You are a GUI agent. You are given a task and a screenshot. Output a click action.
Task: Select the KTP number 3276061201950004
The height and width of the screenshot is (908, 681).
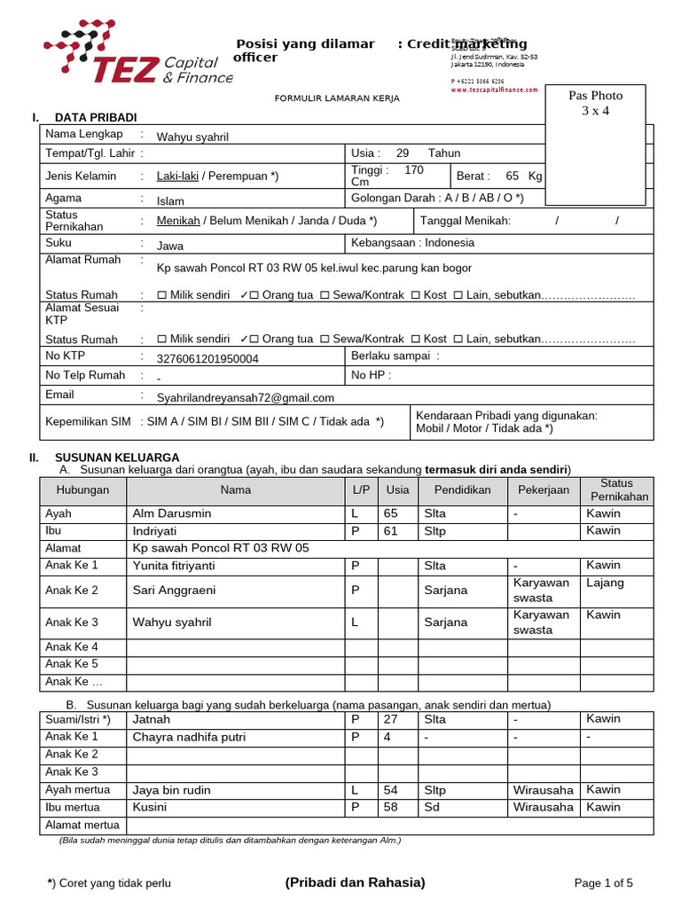tap(207, 359)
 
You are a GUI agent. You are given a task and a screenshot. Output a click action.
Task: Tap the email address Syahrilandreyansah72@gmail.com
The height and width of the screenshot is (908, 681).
tap(246, 398)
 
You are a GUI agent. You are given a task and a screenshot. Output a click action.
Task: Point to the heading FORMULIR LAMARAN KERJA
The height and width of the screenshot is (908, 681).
tap(337, 98)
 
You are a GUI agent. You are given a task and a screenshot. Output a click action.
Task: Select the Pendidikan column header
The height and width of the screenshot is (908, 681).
tap(462, 490)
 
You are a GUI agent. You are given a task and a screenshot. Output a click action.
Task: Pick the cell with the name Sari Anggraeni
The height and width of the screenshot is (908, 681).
tap(174, 591)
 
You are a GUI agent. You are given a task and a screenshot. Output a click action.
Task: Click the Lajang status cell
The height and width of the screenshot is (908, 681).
tap(605, 583)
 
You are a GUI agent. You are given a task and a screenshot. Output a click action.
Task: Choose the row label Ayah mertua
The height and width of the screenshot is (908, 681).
tap(78, 790)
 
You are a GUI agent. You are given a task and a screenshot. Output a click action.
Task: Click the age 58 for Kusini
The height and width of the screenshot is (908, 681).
tap(391, 808)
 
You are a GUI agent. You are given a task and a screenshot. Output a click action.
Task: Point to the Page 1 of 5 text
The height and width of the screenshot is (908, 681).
tap(604, 883)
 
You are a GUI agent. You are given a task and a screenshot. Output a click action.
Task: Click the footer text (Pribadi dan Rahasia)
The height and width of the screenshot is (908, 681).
tap(355, 882)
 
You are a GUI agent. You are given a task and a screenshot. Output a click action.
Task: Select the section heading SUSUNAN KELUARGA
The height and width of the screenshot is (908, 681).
tap(117, 458)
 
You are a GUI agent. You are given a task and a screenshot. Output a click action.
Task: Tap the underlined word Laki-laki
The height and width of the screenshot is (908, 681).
tap(177, 176)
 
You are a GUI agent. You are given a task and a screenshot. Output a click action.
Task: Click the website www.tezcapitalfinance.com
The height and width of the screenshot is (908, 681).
tap(494, 90)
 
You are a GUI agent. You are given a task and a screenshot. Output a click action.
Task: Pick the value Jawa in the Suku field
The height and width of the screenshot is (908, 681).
tap(170, 246)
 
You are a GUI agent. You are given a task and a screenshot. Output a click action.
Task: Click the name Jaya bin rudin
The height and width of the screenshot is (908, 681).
tap(172, 790)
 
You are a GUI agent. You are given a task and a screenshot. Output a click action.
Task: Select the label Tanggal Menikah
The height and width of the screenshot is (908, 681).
tap(465, 221)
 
